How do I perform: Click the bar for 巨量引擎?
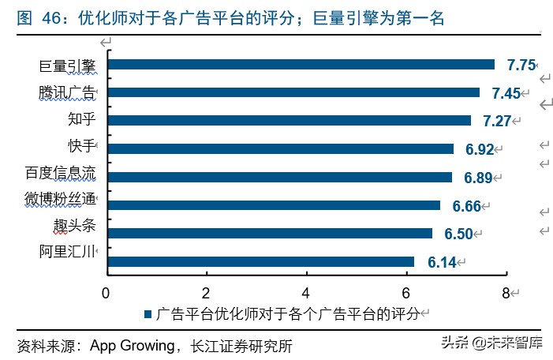[x=301, y=65]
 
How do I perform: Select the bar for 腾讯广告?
[x=293, y=92]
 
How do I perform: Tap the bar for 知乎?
[x=289, y=121]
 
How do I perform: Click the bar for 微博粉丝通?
[x=273, y=205]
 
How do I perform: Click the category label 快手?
[x=81, y=146]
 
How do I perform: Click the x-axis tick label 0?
[x=106, y=292]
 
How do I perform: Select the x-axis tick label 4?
[x=306, y=292]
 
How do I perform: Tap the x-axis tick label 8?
[x=506, y=292]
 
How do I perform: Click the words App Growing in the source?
[x=132, y=346]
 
